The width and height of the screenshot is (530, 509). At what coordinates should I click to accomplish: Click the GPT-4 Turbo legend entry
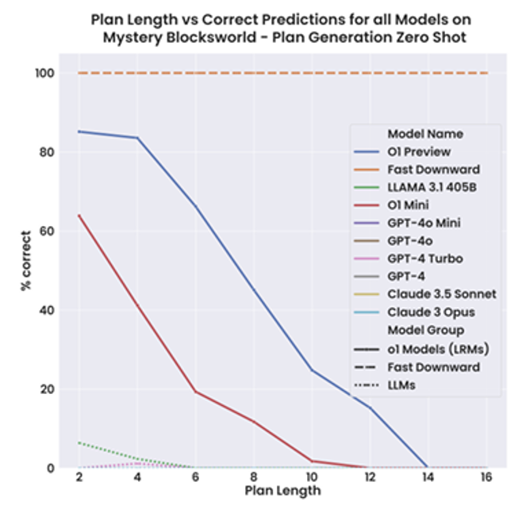click(424, 258)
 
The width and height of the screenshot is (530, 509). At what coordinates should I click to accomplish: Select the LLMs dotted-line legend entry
click(401, 385)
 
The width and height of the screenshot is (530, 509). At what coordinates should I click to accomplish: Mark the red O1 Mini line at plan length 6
click(194, 391)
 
